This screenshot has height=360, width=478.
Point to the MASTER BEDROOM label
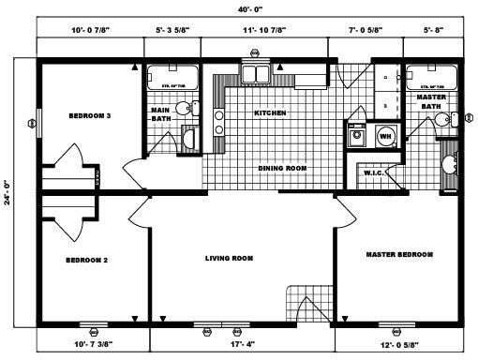[398, 254]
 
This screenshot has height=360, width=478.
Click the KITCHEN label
[269, 112]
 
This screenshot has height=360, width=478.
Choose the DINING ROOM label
[282, 169]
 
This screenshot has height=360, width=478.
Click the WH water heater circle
[384, 136]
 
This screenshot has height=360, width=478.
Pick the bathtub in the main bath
[172, 74]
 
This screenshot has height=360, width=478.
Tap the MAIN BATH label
[159, 115]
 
